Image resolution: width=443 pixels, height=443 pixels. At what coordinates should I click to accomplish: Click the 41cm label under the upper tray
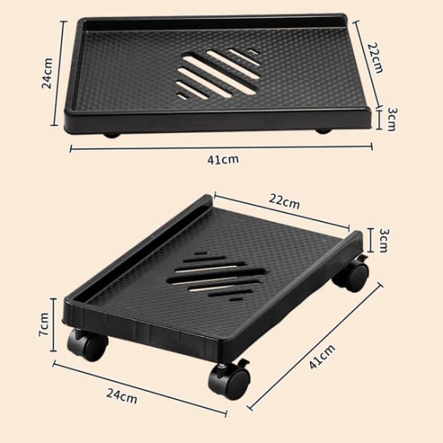pos(223,159)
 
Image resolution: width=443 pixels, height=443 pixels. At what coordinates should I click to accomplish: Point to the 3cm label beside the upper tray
pos(392,118)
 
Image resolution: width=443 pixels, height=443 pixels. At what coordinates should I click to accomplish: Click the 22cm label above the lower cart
pos(284,203)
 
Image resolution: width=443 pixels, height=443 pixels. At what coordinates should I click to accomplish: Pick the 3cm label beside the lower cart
pos(382,241)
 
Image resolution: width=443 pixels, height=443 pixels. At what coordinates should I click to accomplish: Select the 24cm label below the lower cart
pos(122,397)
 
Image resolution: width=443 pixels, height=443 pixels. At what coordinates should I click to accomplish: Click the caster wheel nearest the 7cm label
pos(87,346)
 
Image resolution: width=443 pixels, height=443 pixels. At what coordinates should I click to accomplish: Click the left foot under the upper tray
pos(111,134)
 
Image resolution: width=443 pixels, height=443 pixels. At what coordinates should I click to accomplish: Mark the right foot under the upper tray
pos(323,132)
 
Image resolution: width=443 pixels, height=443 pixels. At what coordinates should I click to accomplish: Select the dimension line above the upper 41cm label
pos(221,147)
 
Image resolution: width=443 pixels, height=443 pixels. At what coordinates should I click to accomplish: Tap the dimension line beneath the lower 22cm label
pos(281,211)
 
